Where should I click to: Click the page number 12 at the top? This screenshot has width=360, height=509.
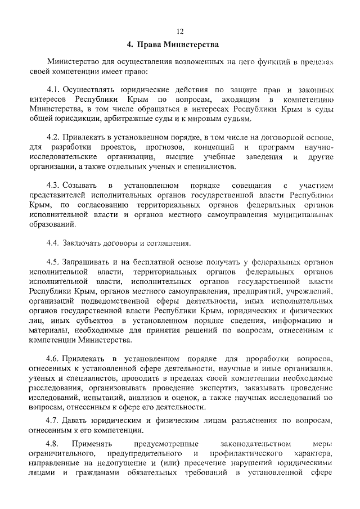(x=180, y=31)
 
